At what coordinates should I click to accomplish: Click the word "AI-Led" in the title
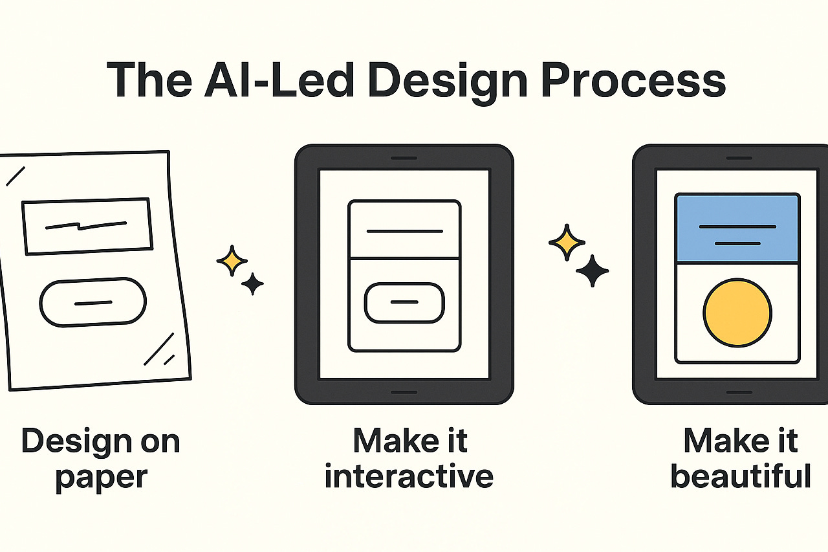coord(283,81)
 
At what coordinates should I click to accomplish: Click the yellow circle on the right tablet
coord(737,313)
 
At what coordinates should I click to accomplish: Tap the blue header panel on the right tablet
coord(737,228)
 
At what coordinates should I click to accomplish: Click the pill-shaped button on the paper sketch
coord(93,302)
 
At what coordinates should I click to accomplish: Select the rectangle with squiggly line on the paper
coord(87,225)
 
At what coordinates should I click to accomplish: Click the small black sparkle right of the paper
coord(252,283)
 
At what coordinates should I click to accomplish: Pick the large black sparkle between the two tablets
coord(592,270)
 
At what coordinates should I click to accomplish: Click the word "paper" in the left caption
coord(102,477)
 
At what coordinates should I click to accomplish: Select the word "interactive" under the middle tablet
coord(409,477)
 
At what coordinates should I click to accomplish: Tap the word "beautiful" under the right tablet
coord(741,477)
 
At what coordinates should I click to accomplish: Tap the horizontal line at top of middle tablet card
coord(404,231)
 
